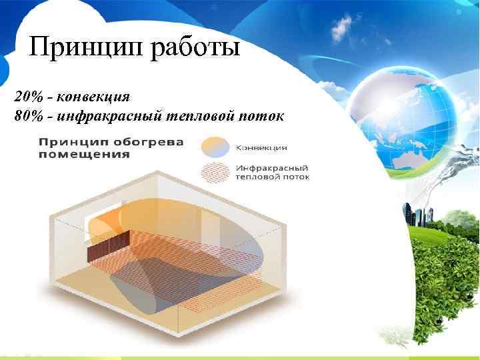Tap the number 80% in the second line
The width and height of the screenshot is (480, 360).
point(26,117)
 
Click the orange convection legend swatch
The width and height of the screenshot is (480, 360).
point(215,146)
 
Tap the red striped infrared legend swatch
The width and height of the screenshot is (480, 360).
point(215,171)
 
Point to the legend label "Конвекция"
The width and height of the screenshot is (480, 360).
point(261,147)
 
